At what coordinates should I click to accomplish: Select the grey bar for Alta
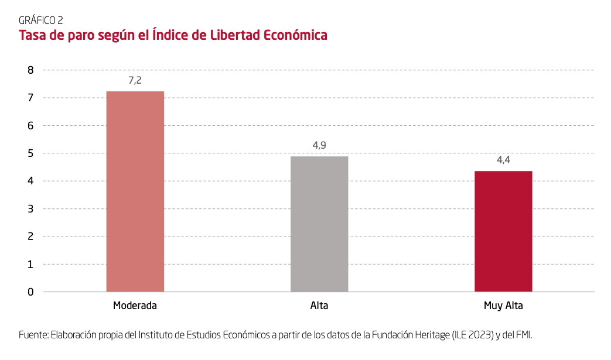tap(319, 224)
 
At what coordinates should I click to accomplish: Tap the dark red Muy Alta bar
tap(503, 231)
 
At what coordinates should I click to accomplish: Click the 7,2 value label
tap(135, 80)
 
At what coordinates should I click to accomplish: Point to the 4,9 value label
tap(319, 145)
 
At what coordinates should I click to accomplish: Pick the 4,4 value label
tap(503, 160)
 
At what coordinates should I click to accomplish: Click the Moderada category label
tap(135, 306)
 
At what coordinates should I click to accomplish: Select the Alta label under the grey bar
tap(319, 306)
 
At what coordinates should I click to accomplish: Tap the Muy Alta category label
tap(503, 306)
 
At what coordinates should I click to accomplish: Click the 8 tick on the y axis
tap(30, 70)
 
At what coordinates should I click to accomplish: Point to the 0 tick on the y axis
tap(30, 292)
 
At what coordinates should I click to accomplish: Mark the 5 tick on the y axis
tap(30, 153)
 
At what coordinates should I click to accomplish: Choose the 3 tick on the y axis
tap(30, 208)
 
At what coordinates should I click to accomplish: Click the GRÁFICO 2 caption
tap(41, 20)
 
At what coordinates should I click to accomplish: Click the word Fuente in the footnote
tap(33, 335)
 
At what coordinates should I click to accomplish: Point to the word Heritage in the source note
tap(432, 335)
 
